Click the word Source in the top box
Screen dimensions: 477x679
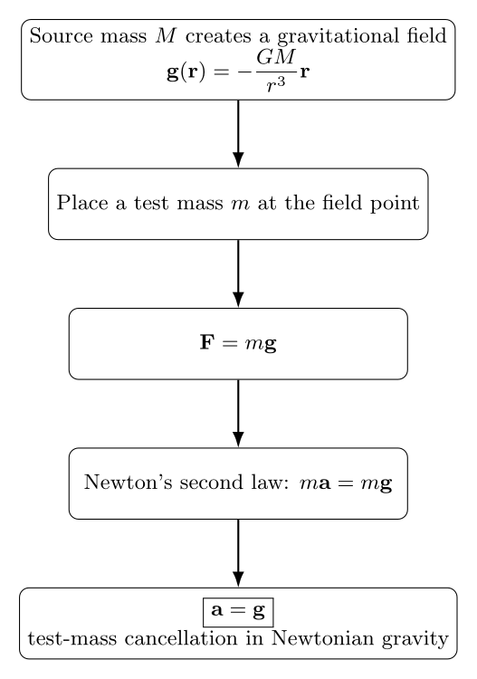61,35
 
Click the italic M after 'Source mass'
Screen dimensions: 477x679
166,35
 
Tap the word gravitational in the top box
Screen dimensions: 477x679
338,37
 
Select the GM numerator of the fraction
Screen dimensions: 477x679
276,56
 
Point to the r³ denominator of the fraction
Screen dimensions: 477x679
276,84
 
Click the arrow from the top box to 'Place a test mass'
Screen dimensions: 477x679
238,134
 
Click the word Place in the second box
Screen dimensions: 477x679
82,202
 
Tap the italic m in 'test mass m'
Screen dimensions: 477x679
241,205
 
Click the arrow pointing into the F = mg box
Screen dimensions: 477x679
238,273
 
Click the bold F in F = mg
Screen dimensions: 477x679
207,342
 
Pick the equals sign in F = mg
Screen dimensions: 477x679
229,343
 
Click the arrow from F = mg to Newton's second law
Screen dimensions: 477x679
238,414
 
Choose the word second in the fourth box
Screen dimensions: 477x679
211,482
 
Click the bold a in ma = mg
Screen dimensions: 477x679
325,483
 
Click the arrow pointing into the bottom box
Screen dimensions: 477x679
238,553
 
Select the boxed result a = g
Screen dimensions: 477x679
238,612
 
